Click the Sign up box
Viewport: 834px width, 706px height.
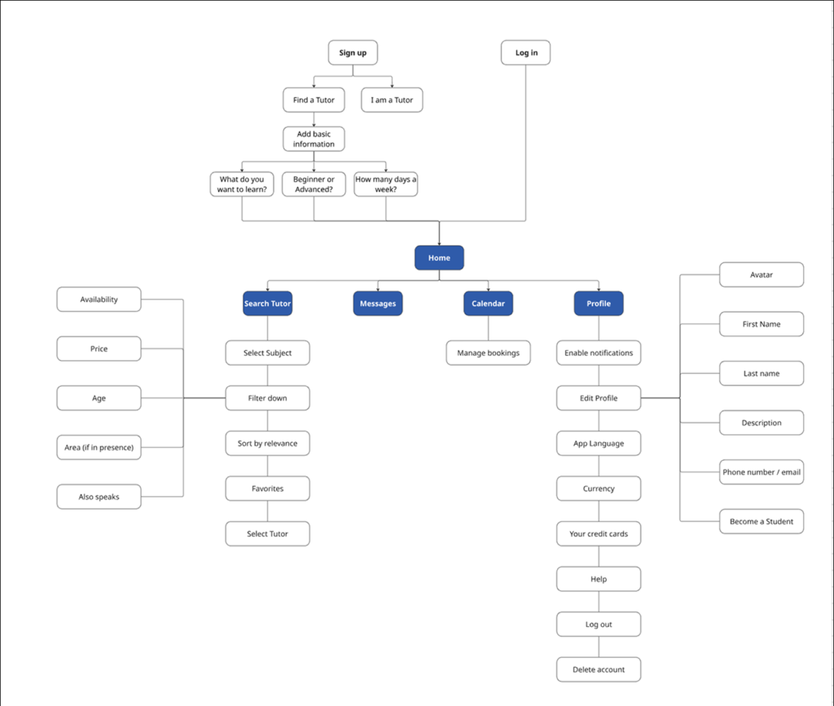353,53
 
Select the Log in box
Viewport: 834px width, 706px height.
525,53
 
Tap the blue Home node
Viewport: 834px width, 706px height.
439,258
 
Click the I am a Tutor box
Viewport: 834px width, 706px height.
392,100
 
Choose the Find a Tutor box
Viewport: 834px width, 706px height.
314,100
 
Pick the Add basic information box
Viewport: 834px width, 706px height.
314,139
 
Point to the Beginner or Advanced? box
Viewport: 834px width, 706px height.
314,184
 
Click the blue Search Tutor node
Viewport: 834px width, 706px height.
267,304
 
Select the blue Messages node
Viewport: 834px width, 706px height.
378,304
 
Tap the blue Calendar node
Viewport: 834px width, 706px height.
489,304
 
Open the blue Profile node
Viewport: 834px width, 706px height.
599,304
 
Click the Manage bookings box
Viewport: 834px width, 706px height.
488,353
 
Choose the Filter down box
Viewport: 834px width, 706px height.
267,398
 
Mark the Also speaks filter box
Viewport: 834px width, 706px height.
99,497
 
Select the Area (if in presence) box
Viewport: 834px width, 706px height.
99,447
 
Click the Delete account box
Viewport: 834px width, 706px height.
599,669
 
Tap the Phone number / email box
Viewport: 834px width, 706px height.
762,472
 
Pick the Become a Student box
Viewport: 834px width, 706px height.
762,521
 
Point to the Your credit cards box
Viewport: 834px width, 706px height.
599,534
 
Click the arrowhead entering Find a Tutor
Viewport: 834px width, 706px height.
314,86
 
